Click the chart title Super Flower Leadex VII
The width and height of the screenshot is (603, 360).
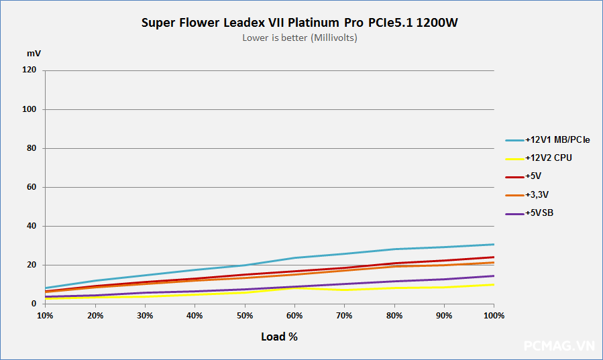(300, 23)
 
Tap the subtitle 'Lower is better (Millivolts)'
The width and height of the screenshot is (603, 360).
(300, 38)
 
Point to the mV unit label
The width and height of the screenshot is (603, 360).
(34, 52)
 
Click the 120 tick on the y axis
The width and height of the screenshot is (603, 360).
(30, 70)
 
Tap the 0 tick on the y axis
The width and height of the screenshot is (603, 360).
(34, 304)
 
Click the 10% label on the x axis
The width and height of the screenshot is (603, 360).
(45, 315)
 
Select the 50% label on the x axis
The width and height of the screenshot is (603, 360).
(245, 315)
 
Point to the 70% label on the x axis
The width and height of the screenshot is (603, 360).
(345, 315)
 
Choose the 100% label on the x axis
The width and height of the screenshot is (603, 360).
(494, 315)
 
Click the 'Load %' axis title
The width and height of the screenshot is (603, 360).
(279, 337)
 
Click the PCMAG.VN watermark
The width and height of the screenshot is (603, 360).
(559, 346)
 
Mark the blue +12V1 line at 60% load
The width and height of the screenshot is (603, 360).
(294, 258)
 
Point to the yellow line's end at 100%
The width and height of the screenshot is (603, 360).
(494, 284)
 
